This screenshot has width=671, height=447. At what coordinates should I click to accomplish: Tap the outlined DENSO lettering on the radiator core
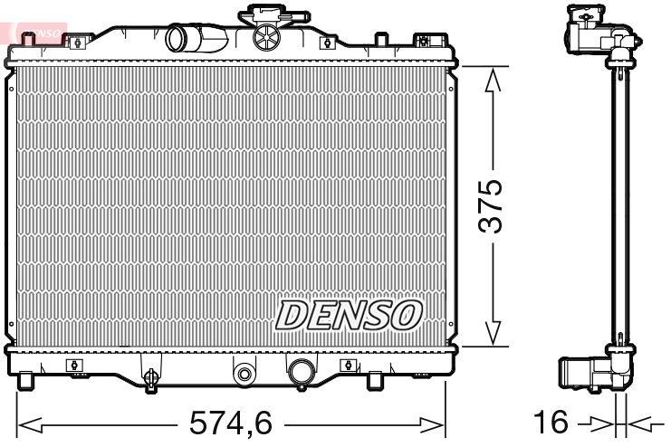349,315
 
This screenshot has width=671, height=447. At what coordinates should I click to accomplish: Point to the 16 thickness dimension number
551,423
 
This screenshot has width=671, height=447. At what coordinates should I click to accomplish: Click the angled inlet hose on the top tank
193,38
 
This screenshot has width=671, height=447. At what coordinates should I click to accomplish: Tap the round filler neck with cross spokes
267,38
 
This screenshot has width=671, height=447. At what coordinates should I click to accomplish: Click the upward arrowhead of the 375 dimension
492,82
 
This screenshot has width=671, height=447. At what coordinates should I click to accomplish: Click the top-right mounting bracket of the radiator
421,41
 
